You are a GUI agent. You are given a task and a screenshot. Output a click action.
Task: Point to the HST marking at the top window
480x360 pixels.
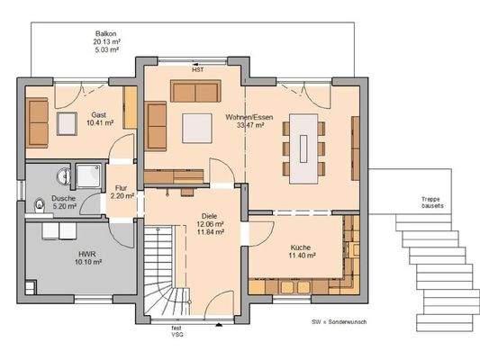click(x=197, y=68)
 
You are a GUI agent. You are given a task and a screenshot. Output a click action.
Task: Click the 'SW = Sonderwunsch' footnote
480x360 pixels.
click(x=339, y=320)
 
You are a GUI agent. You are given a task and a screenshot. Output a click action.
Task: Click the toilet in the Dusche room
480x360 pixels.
click(x=35, y=206)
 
